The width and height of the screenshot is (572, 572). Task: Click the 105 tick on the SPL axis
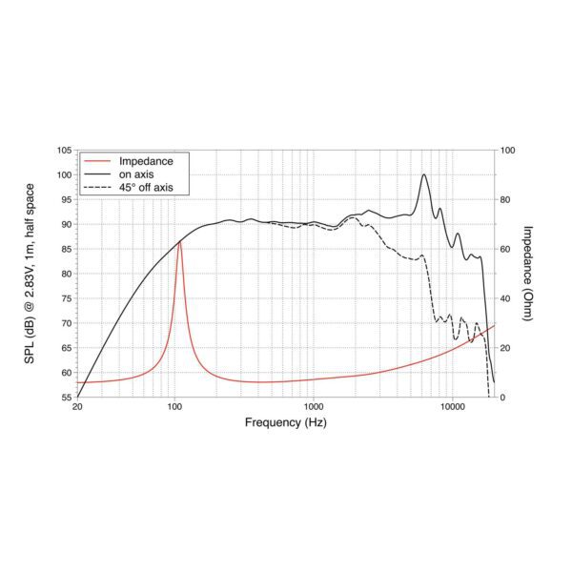tap(65, 151)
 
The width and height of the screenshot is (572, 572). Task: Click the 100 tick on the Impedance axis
tap(509, 151)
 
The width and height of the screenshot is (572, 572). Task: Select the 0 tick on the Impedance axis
tap(503, 398)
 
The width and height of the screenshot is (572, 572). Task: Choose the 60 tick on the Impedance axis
tap(506, 249)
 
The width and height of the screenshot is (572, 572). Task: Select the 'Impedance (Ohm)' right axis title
tap(529, 274)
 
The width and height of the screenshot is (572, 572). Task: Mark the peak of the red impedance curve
tap(178, 242)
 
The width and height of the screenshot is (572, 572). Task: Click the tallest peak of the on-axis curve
tap(424, 174)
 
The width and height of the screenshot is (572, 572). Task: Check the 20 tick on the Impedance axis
tap(506, 348)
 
